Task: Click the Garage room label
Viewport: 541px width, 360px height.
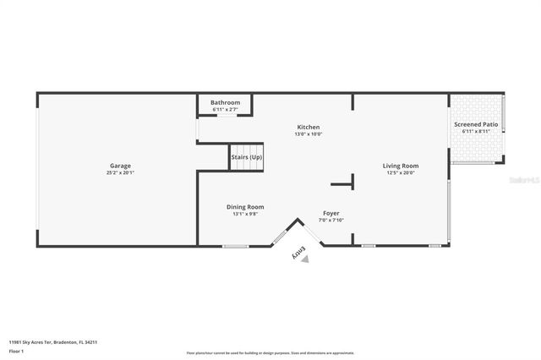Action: (120, 166)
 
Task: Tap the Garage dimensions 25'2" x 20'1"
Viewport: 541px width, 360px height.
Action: (120, 172)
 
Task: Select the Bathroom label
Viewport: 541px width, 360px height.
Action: (225, 102)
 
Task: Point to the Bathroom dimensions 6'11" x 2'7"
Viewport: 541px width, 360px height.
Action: (225, 109)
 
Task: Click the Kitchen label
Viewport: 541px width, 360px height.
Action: (308, 127)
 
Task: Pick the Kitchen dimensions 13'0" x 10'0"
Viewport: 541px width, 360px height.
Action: (308, 134)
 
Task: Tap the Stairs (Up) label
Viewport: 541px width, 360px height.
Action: (247, 157)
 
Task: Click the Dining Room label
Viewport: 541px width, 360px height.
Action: (245, 207)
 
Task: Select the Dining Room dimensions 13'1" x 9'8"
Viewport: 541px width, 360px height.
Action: (245, 214)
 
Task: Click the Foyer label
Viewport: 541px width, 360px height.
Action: (331, 213)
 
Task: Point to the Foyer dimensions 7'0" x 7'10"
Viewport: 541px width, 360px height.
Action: (331, 220)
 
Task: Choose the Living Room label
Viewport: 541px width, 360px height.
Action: (400, 166)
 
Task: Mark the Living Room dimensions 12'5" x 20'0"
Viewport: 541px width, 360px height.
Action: (400, 172)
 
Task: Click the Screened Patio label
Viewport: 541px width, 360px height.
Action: (476, 124)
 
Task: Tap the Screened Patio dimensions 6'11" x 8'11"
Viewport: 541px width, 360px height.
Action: (476, 131)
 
